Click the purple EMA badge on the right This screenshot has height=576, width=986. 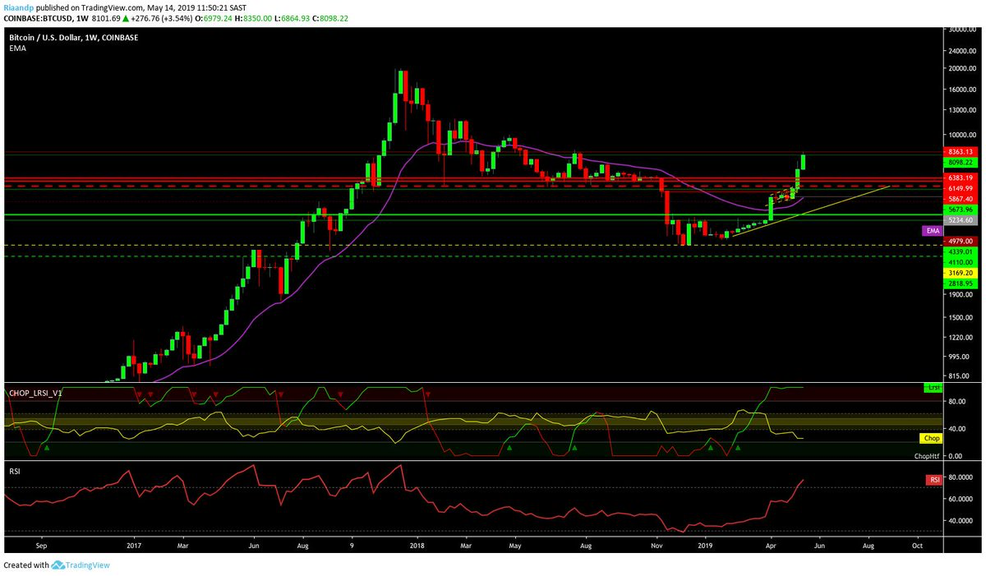pos(932,232)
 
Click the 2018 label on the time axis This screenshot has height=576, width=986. pos(417,544)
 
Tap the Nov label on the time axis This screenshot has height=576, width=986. pos(656,544)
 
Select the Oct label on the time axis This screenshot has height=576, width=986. pos(917,544)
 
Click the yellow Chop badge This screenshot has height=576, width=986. pos(931,439)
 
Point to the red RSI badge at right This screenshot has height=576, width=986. pos(933,479)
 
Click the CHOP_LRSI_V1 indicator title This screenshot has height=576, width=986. pos(35,394)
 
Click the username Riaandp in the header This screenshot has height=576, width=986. pos(18,7)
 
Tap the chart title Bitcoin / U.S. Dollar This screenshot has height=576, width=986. pos(48,38)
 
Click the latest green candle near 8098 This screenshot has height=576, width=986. pos(802,162)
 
